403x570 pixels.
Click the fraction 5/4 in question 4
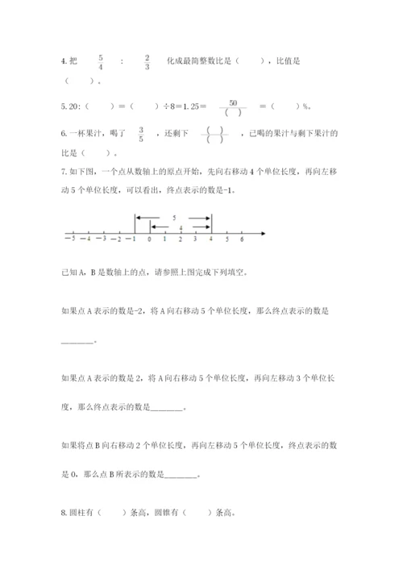click(101, 62)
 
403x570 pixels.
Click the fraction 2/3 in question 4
click(147, 62)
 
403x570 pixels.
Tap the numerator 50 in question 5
click(233, 102)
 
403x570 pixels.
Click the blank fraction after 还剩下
click(214, 134)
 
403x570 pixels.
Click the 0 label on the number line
click(149, 239)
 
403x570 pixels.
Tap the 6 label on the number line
click(242, 239)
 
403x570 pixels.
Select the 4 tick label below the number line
click(211, 239)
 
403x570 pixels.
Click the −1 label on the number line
click(132, 239)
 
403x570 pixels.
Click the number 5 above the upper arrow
click(173, 217)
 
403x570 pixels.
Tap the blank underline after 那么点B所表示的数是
click(180, 475)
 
